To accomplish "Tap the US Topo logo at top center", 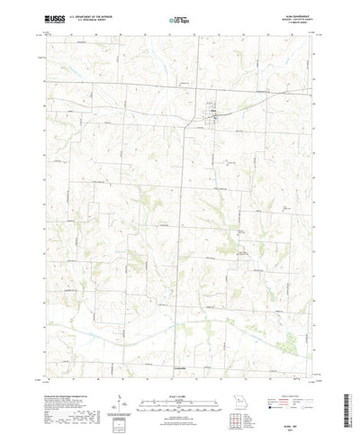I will [x=179, y=18].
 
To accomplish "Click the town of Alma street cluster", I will [x=214, y=112].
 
